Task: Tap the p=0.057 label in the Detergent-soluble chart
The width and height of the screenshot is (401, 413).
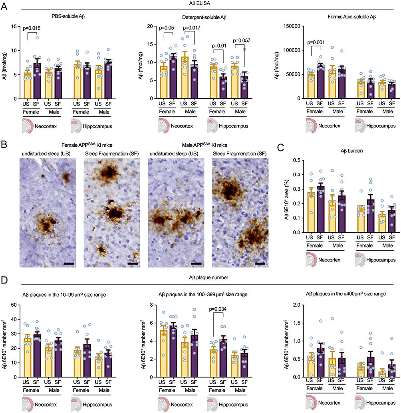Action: tap(243, 40)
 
